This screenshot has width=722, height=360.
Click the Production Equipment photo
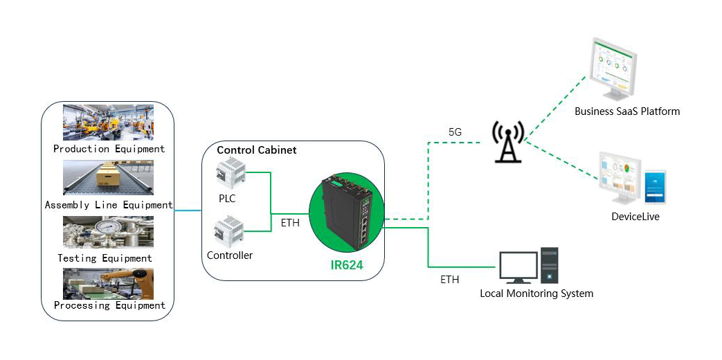pyautogui.click(x=108, y=123)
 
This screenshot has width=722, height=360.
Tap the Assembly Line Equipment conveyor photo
pyautogui.click(x=108, y=178)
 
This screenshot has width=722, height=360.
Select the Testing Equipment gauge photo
pyautogui.click(x=108, y=232)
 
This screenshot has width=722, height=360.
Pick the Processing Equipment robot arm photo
pyautogui.click(x=108, y=283)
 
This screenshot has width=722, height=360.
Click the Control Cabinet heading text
pyautogui.click(x=256, y=150)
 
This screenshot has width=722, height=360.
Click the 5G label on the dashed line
pyautogui.click(x=455, y=132)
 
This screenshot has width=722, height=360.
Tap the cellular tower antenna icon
pyautogui.click(x=509, y=141)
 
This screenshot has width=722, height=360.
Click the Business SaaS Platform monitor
pyautogui.click(x=615, y=66)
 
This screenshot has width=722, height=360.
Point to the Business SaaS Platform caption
pyautogui.click(x=627, y=111)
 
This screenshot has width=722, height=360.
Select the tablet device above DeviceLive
pyautogui.click(x=654, y=187)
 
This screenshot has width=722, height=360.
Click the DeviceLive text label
pyautogui.click(x=635, y=217)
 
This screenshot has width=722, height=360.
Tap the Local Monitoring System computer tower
pyautogui.click(x=550, y=265)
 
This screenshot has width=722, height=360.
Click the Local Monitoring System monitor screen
pyautogui.click(x=518, y=264)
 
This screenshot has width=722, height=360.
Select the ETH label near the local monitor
pyautogui.click(x=449, y=280)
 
